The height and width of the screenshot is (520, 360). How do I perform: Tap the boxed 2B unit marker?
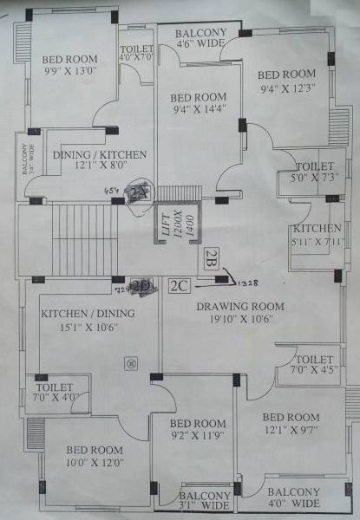(213, 256)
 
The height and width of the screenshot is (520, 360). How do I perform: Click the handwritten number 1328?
(249, 281)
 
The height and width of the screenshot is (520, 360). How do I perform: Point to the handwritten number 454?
(112, 189)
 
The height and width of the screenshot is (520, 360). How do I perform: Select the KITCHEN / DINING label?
(79, 314)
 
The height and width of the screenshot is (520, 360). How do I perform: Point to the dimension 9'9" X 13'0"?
(70, 73)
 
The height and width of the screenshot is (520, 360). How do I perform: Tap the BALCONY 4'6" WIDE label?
(201, 36)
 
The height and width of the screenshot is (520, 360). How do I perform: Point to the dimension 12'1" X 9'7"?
(291, 427)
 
